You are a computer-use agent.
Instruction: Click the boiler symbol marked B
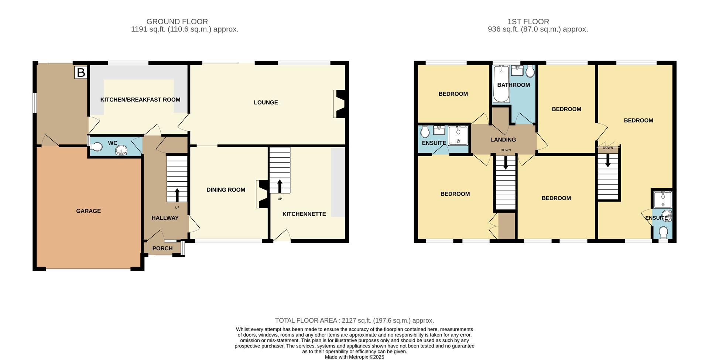pyautogui.click(x=81, y=72)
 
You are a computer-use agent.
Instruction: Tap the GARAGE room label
pyautogui.click(x=88, y=211)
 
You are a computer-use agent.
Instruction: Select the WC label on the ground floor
pyautogui.click(x=113, y=143)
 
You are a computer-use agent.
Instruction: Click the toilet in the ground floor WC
pyautogui.click(x=97, y=147)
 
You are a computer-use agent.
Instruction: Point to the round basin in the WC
pyautogui.click(x=121, y=150)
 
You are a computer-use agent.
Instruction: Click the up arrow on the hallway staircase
pyautogui.click(x=177, y=194)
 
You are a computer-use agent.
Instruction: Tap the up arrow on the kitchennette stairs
pyautogui.click(x=280, y=186)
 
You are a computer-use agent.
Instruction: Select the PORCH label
pyautogui.click(x=162, y=248)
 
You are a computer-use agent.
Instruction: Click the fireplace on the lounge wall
pyautogui.click(x=339, y=104)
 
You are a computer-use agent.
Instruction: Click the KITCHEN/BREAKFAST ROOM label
pyautogui.click(x=140, y=100)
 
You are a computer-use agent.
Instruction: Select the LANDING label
pyautogui.click(x=503, y=140)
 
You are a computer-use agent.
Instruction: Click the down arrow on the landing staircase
pyautogui.click(x=506, y=163)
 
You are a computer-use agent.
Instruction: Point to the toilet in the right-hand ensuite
pyautogui.click(x=663, y=233)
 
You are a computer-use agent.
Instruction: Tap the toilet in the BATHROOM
pyautogui.click(x=530, y=72)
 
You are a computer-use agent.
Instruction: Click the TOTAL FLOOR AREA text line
pyautogui.click(x=354, y=320)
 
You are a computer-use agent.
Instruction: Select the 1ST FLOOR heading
pyautogui.click(x=528, y=21)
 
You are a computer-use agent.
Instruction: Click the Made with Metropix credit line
pyautogui.click(x=354, y=357)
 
